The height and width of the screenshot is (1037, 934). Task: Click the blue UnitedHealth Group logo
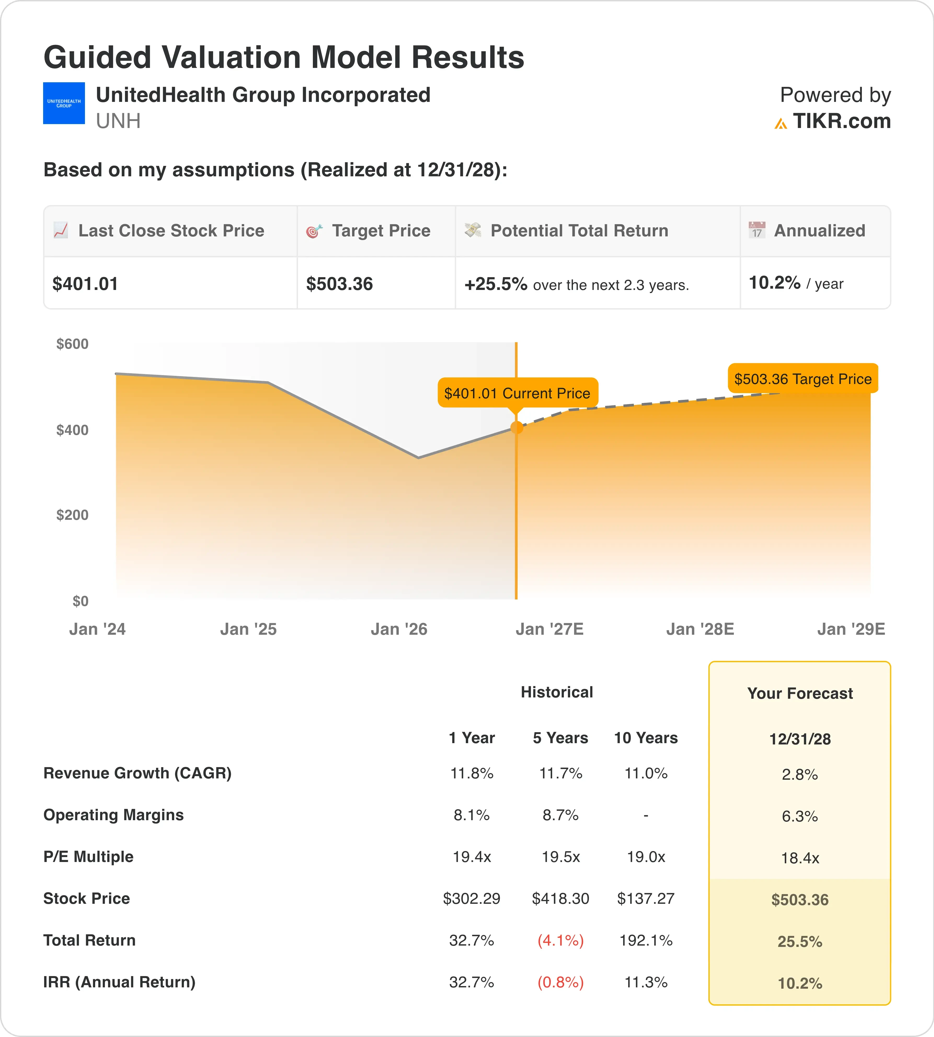click(64, 103)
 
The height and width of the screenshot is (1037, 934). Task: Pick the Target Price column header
click(381, 231)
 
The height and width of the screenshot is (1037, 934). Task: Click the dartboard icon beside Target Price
click(314, 231)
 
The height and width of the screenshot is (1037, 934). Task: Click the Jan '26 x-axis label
click(399, 629)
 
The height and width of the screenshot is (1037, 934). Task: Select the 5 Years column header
click(560, 738)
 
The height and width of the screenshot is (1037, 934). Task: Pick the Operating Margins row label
click(113, 815)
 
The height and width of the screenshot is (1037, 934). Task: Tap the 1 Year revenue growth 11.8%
click(472, 773)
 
